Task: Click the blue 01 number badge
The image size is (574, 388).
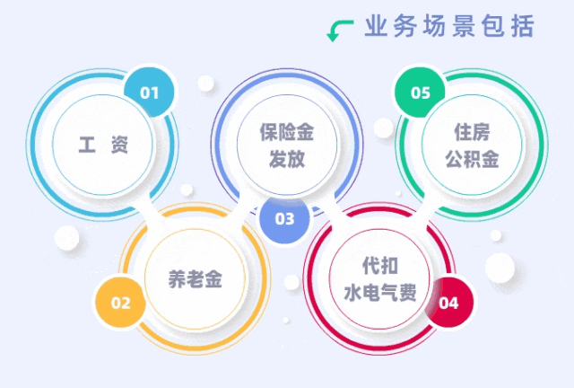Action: click(x=149, y=93)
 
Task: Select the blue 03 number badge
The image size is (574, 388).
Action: click(x=284, y=218)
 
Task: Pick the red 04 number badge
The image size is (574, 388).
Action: click(x=448, y=303)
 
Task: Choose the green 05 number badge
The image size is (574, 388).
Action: click(x=421, y=93)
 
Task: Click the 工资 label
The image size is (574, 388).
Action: click(x=102, y=145)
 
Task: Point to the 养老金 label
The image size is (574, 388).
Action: click(x=195, y=279)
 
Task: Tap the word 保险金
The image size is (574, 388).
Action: click(x=287, y=133)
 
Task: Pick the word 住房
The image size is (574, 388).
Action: click(x=472, y=133)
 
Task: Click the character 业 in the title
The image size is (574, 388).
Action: click(x=377, y=27)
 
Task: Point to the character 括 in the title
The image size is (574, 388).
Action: click(x=523, y=27)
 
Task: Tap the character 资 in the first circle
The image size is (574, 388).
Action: click(x=119, y=145)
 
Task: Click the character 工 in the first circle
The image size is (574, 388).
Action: click(x=86, y=145)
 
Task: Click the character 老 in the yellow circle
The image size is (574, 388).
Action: click(x=195, y=279)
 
